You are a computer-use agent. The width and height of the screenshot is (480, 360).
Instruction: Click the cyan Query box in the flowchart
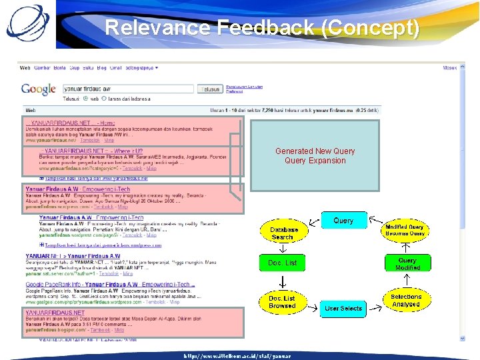[343, 221]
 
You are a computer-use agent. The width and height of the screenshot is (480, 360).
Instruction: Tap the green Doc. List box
[282, 263]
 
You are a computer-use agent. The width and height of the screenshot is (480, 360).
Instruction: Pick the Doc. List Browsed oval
[282, 302]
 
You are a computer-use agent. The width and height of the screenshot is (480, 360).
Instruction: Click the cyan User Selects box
[343, 308]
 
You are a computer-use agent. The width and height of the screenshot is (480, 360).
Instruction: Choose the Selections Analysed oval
[406, 301]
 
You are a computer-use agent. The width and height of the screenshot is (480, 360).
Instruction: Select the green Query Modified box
[408, 263]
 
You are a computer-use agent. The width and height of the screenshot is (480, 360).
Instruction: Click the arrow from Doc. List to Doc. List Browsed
[282, 282]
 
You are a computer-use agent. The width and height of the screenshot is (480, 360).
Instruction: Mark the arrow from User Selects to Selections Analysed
[373, 305]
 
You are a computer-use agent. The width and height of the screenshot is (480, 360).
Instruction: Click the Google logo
[38, 89]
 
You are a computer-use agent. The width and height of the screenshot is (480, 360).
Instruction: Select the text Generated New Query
[315, 151]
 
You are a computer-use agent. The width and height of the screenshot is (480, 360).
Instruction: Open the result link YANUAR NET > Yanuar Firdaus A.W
[73, 256]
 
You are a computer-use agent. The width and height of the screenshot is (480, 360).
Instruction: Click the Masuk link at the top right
[450, 68]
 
